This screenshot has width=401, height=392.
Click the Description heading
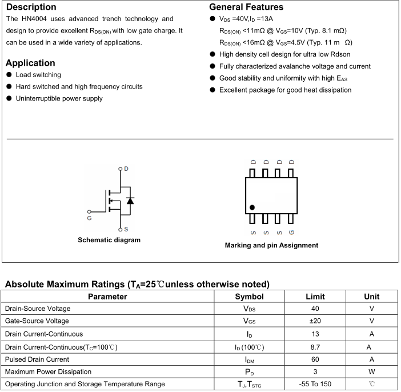31,7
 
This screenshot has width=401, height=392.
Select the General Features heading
246,7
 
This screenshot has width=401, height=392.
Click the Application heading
30,63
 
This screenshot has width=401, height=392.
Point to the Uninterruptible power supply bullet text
59,99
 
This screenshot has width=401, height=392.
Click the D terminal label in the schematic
126,169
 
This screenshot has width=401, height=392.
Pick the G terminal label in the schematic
89,218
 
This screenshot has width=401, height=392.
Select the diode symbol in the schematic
130,201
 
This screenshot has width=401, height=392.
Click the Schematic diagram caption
109,240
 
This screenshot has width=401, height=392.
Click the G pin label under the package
291,232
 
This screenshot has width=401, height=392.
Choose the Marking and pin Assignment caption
271,246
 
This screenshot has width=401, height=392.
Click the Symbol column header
249,297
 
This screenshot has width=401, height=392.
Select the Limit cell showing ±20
315,321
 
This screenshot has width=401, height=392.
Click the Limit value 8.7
315,347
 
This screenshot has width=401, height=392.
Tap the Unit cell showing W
371,372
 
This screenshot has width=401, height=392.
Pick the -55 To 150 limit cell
315,385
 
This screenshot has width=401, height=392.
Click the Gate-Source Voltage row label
37,321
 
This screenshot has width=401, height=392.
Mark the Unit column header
371,297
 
